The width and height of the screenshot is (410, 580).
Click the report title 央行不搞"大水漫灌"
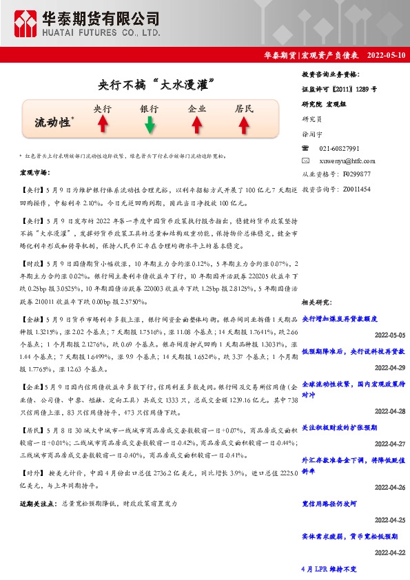click(152, 85)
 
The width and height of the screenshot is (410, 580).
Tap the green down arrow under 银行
click(149, 125)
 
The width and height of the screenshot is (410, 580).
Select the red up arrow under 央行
click(102, 124)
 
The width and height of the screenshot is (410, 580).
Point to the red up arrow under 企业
click(196, 125)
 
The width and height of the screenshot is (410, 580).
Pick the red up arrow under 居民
click(243, 125)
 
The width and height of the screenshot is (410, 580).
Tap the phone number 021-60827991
click(340, 148)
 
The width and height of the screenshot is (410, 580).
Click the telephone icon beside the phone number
click(307, 148)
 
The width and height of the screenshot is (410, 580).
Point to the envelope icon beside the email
click(307, 160)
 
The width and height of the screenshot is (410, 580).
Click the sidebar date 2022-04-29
click(390, 367)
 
